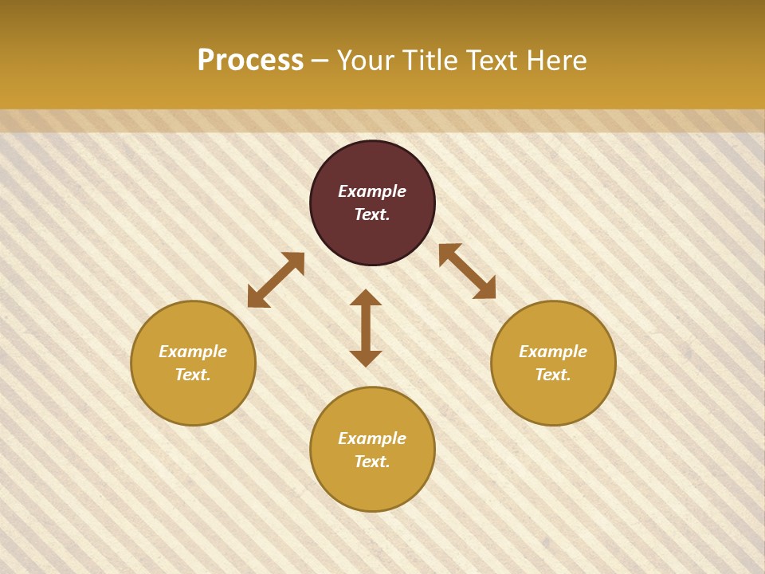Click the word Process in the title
pos(250,61)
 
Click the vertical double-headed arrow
pos(366,328)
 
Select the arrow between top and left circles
pos(276,280)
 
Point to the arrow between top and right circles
pos(467,271)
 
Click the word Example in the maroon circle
pos(372,191)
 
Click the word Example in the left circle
pos(193,352)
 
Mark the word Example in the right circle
pos(553,352)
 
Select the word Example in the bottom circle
pos(372,438)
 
